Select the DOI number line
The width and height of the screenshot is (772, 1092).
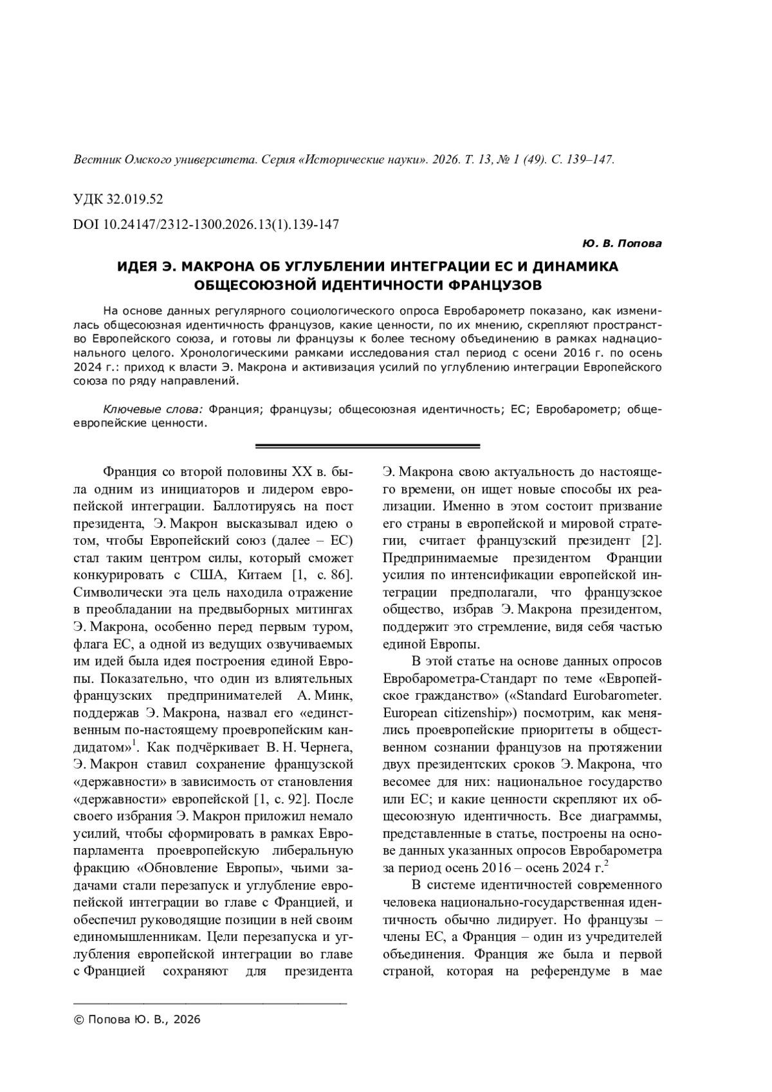207,224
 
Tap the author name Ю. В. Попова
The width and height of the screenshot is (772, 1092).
621,244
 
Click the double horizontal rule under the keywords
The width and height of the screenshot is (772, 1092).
368,446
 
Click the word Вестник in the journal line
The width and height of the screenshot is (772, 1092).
95,159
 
